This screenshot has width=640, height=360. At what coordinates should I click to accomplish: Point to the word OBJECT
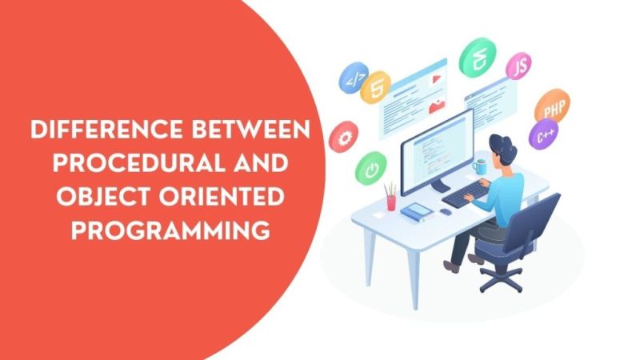click(x=84, y=197)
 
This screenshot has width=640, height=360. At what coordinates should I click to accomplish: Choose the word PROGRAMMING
click(x=167, y=230)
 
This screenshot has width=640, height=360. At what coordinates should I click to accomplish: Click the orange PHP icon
click(x=551, y=106)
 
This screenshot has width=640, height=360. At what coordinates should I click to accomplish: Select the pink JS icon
click(x=520, y=65)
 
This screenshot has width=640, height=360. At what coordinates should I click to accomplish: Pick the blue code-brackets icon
click(x=352, y=78)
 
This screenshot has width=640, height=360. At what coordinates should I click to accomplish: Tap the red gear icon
click(x=346, y=137)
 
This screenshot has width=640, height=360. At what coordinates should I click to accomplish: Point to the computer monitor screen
click(x=435, y=151)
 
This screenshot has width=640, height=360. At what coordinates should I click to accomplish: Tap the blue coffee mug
click(x=480, y=166)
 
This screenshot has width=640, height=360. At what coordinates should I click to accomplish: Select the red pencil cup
click(x=390, y=201)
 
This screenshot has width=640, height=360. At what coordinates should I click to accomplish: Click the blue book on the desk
click(x=417, y=212)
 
